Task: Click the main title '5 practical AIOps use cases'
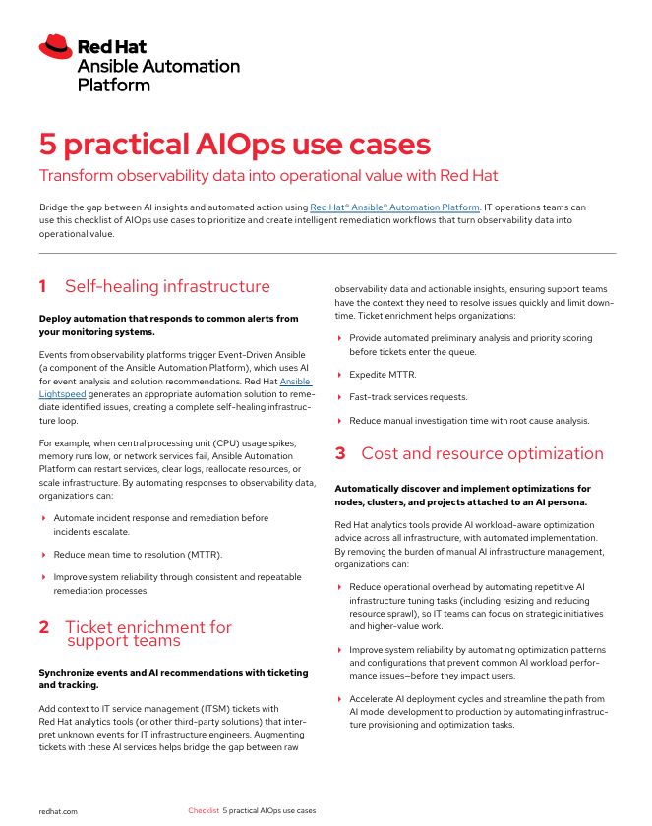coord(234,145)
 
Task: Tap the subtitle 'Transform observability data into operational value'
coord(267,176)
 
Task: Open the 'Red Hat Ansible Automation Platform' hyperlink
coord(394,207)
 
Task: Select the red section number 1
coord(43,287)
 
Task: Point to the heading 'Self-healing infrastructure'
coord(167,287)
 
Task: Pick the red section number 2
coord(43,627)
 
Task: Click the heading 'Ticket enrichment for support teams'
coord(148,634)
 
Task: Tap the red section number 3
coord(340,454)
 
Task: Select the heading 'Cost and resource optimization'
coord(482,454)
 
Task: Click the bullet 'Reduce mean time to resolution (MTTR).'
coord(138,555)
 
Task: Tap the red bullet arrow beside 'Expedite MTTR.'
coord(340,375)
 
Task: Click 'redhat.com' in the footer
coord(58,811)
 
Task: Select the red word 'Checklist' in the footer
coord(204,811)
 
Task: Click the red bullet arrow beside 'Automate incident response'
coord(44,518)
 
